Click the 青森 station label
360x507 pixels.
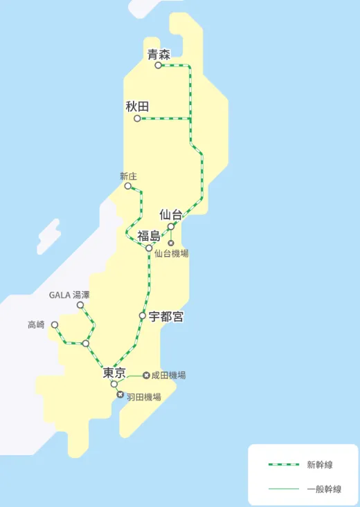[x=159, y=55]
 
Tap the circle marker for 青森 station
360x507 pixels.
[x=159, y=66]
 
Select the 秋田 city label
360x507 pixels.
[x=137, y=107]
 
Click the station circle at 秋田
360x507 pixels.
[x=137, y=119]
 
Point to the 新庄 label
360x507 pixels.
[x=128, y=176]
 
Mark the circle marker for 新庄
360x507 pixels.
[x=128, y=186]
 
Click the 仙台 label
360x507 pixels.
[x=171, y=214]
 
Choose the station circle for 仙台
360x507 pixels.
[x=171, y=226]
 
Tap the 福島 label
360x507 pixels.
[x=149, y=236]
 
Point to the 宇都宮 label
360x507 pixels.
[x=166, y=317]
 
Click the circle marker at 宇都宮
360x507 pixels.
[x=143, y=315]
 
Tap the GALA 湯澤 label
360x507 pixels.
[x=69, y=295]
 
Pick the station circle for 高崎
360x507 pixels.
[x=55, y=324]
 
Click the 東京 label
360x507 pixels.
[x=114, y=373]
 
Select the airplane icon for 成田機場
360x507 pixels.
[x=146, y=376]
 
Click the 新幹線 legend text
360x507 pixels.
[x=320, y=465]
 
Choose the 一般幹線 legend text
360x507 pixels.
[x=324, y=489]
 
